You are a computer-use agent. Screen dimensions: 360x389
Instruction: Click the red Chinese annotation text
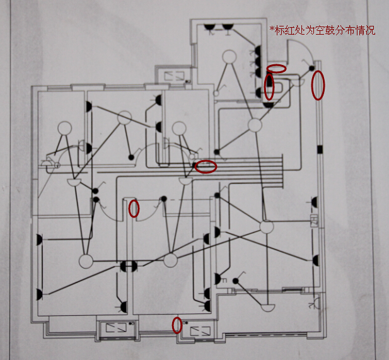click(x=322, y=30)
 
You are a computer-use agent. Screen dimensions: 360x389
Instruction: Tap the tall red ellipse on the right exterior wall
click(x=318, y=85)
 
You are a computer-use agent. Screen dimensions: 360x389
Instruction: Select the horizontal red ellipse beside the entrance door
click(x=276, y=67)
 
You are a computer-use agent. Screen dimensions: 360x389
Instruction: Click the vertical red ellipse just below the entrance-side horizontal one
click(x=269, y=86)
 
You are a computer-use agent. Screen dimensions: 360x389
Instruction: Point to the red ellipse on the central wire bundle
click(x=206, y=166)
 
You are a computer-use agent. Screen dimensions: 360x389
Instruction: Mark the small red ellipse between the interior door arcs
click(x=134, y=208)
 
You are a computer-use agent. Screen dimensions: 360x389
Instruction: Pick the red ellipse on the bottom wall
click(x=177, y=325)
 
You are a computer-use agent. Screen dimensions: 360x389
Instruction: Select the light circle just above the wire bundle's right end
click(x=255, y=125)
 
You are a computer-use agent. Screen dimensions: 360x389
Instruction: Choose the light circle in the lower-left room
click(x=85, y=260)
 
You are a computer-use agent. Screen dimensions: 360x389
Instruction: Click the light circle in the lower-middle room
click(x=170, y=260)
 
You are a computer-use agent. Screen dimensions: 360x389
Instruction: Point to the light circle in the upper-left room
click(x=64, y=129)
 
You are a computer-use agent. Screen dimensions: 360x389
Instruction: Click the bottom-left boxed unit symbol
click(x=115, y=329)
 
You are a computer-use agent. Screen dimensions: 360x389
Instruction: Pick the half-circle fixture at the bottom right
click(x=267, y=308)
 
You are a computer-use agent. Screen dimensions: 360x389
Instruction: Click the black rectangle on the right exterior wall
click(x=319, y=149)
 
